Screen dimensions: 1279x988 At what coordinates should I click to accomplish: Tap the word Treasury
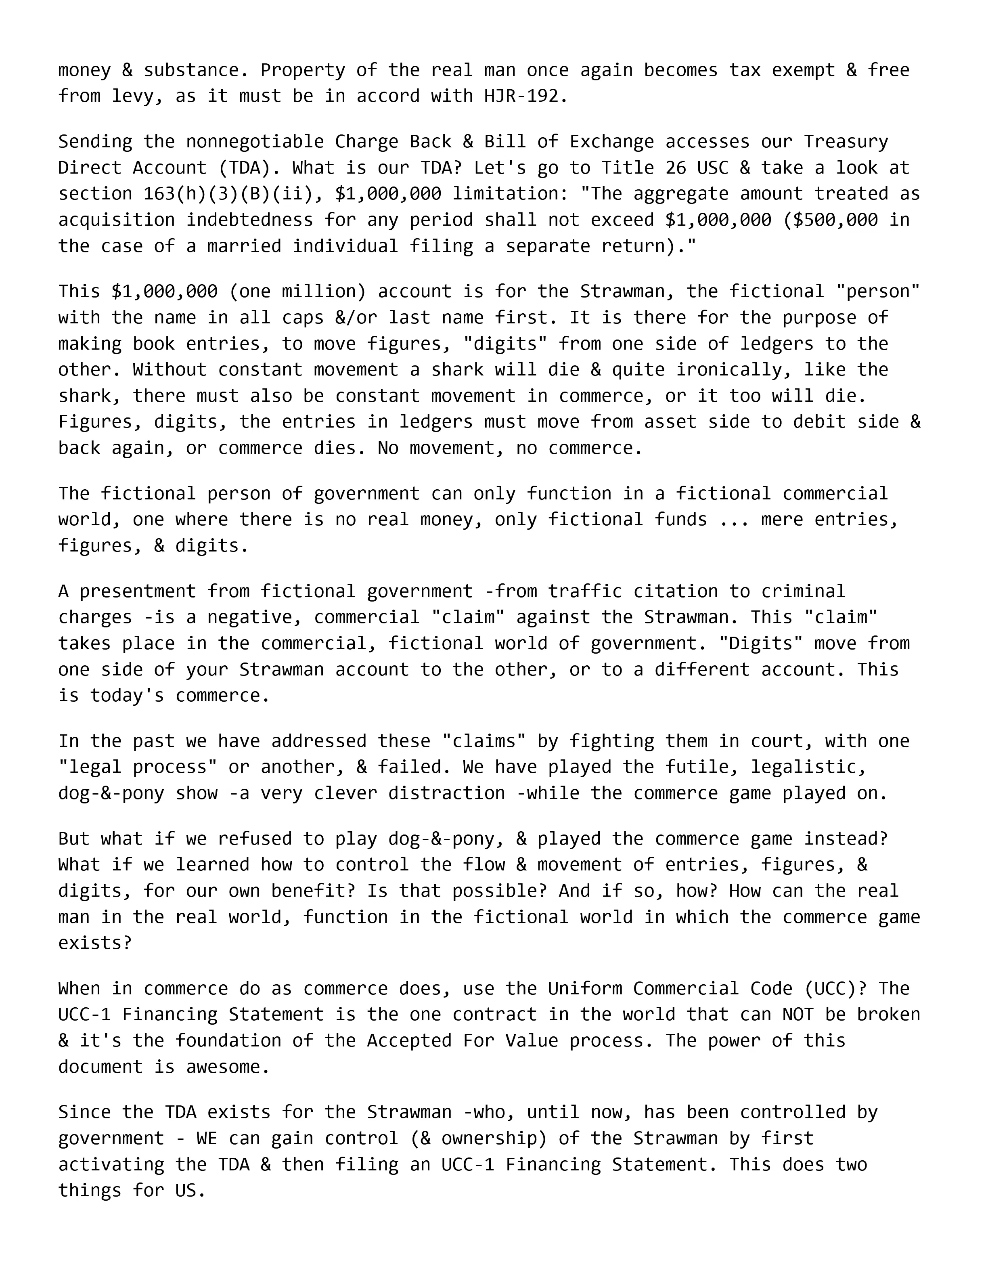[846, 142]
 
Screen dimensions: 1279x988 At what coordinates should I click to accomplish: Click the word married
[244, 246]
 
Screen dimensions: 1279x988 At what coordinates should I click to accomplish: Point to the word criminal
[803, 591]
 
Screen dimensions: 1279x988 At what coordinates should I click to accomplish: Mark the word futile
[702, 767]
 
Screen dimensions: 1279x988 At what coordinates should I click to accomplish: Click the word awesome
[223, 1067]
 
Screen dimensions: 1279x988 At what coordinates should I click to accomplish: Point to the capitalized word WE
[207, 1139]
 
